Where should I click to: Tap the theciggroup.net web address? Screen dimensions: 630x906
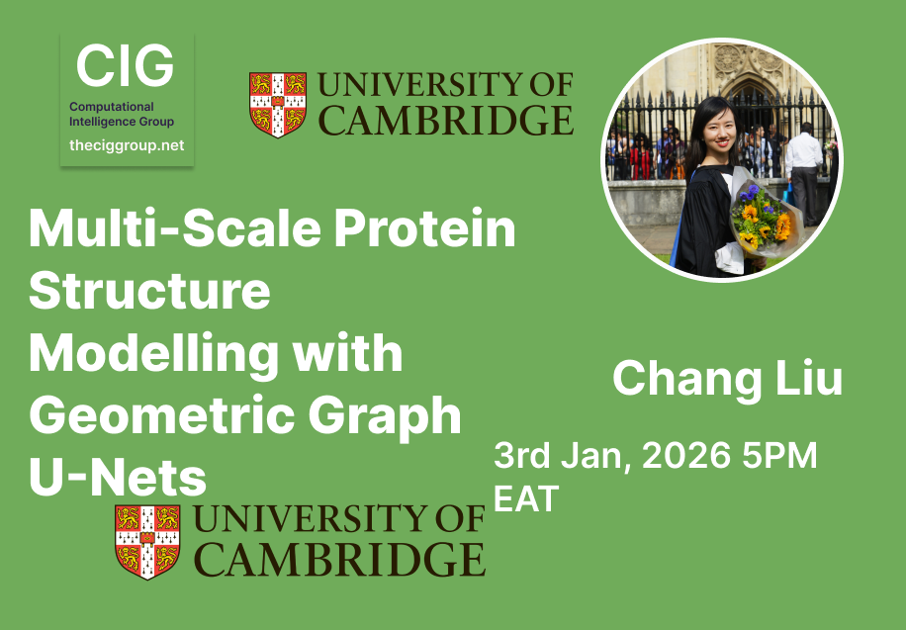click(x=127, y=145)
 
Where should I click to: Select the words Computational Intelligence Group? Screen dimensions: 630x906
click(x=122, y=114)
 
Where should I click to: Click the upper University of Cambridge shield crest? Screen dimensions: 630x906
click(x=276, y=103)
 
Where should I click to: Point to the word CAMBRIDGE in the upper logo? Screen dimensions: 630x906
click(x=447, y=121)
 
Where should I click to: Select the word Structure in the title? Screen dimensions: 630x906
click(x=149, y=292)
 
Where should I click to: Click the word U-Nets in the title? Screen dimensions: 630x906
click(x=118, y=479)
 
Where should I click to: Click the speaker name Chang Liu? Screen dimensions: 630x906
click(x=727, y=379)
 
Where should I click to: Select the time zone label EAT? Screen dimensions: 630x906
click(x=526, y=497)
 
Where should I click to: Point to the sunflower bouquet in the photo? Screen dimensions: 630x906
click(x=763, y=220)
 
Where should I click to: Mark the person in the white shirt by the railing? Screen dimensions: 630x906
click(x=802, y=168)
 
